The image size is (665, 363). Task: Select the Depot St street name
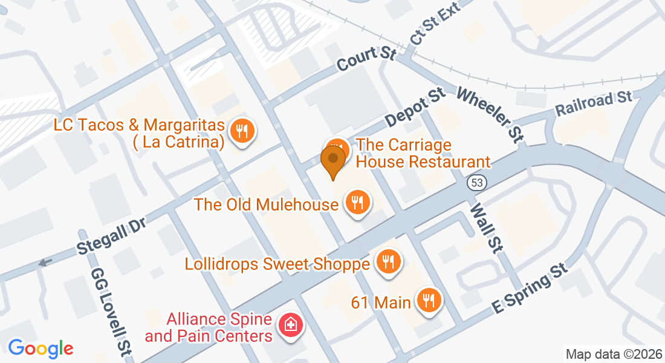point(415,108)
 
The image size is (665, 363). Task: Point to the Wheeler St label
point(490,114)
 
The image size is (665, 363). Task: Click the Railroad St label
point(594,103)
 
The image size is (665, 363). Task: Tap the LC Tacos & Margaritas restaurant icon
point(242,131)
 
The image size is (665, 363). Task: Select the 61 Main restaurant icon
point(429,300)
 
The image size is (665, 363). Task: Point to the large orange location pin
point(332,159)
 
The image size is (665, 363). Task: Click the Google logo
point(41,348)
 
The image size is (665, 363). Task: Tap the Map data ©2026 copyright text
point(614,353)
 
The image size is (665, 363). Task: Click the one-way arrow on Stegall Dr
point(45,263)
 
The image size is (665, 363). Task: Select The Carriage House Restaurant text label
point(423,153)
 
